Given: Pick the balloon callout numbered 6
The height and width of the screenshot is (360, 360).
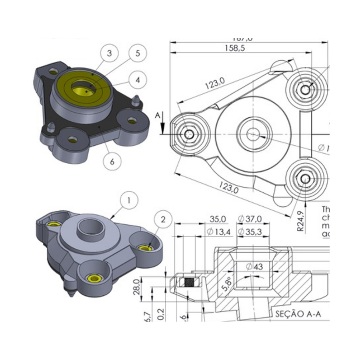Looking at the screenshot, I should coord(112,161).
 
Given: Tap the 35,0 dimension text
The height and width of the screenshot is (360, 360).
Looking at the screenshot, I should coord(218,219).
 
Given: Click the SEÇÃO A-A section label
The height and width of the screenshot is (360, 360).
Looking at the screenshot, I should coord(298,314).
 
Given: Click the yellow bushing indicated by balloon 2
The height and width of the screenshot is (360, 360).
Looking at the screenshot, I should coord(144,248).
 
